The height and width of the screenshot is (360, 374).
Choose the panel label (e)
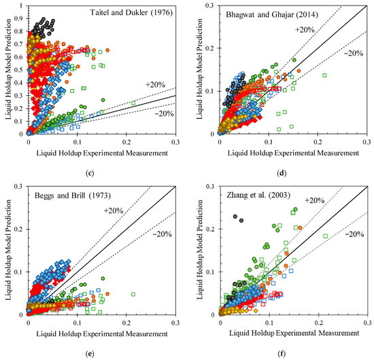[101, 351]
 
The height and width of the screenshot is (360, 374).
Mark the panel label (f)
[293, 351]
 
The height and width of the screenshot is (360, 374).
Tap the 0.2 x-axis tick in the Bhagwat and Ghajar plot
[318, 141]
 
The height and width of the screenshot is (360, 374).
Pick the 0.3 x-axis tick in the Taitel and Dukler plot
[175, 141]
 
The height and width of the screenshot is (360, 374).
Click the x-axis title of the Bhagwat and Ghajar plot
[292, 152]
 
